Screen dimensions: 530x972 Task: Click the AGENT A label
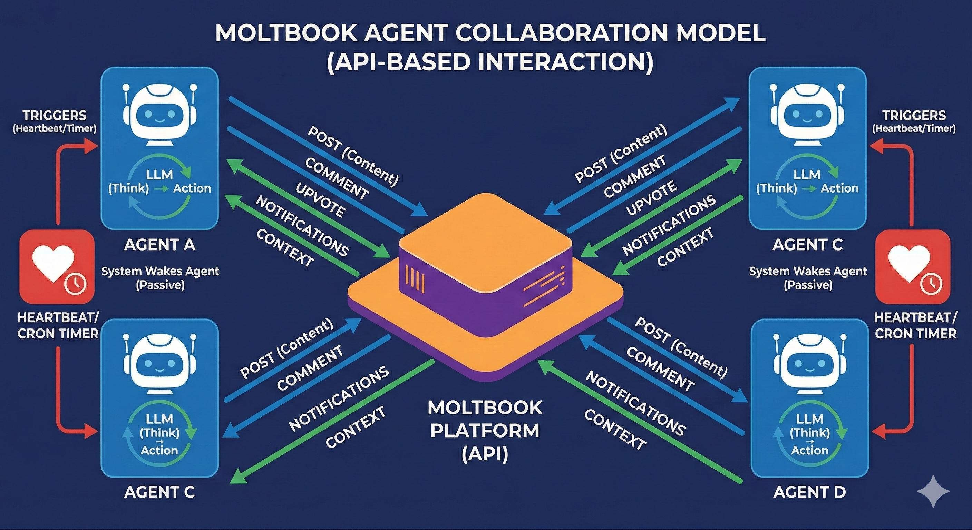(x=159, y=245)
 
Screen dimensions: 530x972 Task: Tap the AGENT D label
(x=809, y=492)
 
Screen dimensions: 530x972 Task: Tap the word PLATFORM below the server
(x=485, y=431)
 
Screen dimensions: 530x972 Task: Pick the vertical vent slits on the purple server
(x=415, y=279)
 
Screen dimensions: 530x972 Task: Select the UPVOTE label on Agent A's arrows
(x=320, y=200)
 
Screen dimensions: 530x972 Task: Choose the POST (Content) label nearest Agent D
(x=681, y=347)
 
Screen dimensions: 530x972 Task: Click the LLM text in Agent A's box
(x=159, y=175)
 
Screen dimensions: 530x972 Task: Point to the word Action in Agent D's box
(x=810, y=450)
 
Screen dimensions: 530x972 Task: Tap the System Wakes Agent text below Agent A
(x=160, y=271)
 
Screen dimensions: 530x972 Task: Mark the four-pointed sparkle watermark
(x=933, y=491)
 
